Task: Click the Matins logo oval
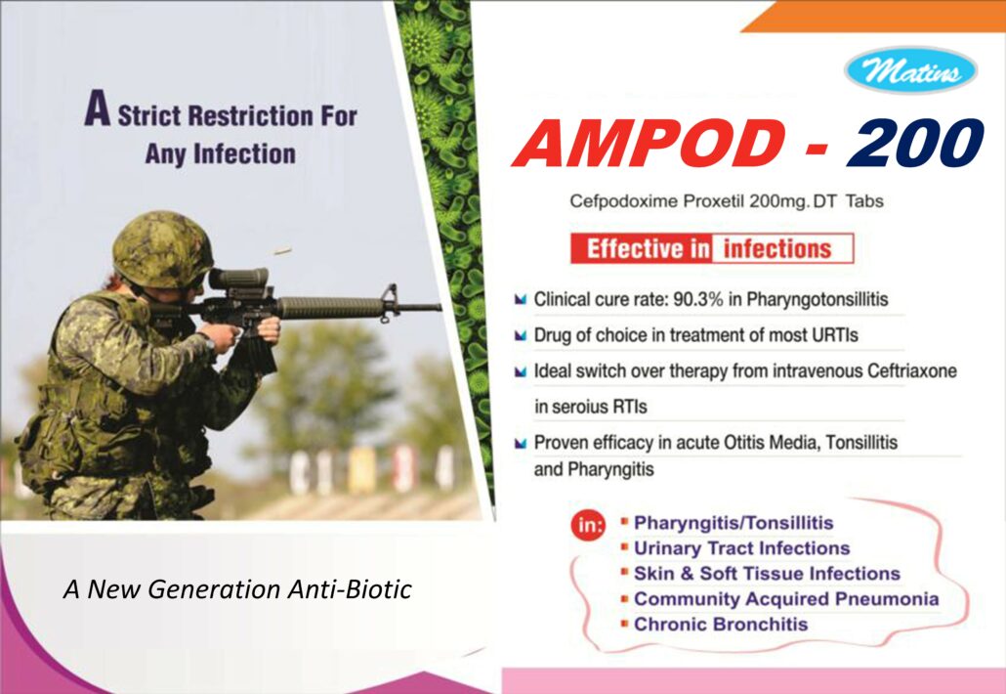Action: [x=910, y=70]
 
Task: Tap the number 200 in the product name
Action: [x=915, y=144]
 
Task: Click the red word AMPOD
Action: [x=649, y=144]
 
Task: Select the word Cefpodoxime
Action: [x=623, y=201]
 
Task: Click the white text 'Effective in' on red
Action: [x=648, y=248]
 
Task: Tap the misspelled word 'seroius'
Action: [x=580, y=407]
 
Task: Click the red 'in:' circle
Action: [x=588, y=527]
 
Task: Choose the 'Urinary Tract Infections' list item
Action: [x=741, y=548]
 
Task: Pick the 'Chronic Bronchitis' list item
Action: [x=721, y=624]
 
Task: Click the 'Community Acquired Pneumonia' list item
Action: [x=786, y=599]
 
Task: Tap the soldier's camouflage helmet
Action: [x=162, y=249]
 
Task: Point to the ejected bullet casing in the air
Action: [x=282, y=250]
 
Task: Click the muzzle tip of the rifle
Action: [x=440, y=308]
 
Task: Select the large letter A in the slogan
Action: [x=97, y=108]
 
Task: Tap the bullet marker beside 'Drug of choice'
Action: [x=521, y=335]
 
